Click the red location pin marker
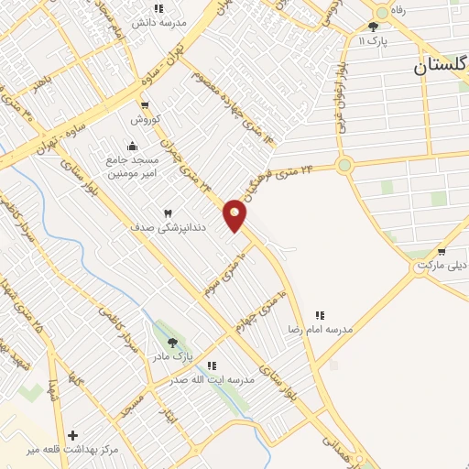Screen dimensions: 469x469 tap(234, 214)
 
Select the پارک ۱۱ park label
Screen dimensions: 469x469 tap(373, 41)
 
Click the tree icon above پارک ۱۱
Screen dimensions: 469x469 tap(373, 27)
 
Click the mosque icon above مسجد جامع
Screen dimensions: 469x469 tap(133, 145)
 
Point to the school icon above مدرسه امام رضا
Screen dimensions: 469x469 tap(320, 314)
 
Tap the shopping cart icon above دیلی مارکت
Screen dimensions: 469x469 tap(442, 251)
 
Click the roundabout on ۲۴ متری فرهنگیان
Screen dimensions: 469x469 tap(344, 166)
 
